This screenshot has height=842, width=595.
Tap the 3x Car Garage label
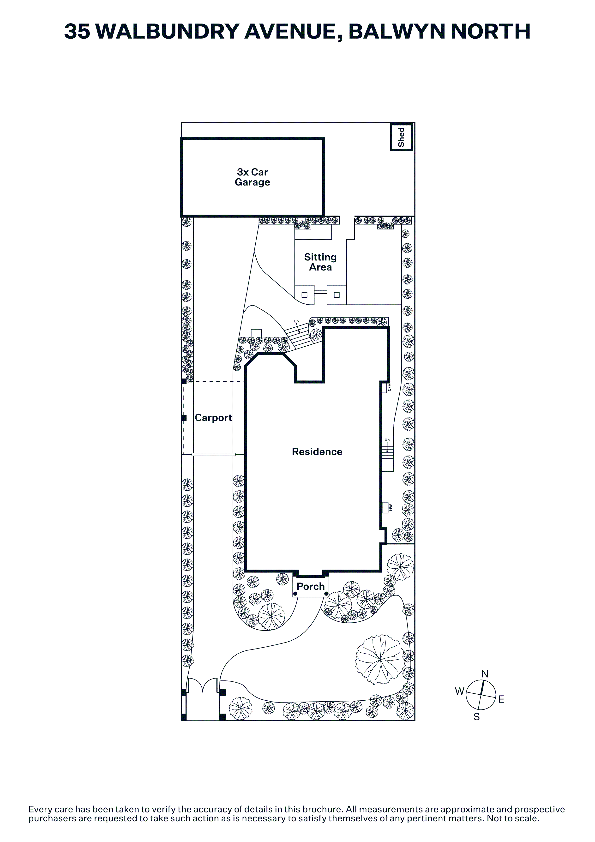tap(252, 177)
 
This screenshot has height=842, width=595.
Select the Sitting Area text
tap(320, 262)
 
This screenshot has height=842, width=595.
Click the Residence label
tap(317, 452)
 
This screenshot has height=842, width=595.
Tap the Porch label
tap(311, 586)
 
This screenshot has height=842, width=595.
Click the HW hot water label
tap(391, 508)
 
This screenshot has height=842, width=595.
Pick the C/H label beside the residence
tap(389, 387)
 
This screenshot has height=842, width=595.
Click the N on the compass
tap(485, 674)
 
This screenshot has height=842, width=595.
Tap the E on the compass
tap(501, 700)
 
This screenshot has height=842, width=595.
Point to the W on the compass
tap(460, 691)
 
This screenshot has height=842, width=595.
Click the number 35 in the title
tap(77, 31)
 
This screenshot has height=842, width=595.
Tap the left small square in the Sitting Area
tap(305, 295)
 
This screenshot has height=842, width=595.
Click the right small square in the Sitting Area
tap(337, 295)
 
